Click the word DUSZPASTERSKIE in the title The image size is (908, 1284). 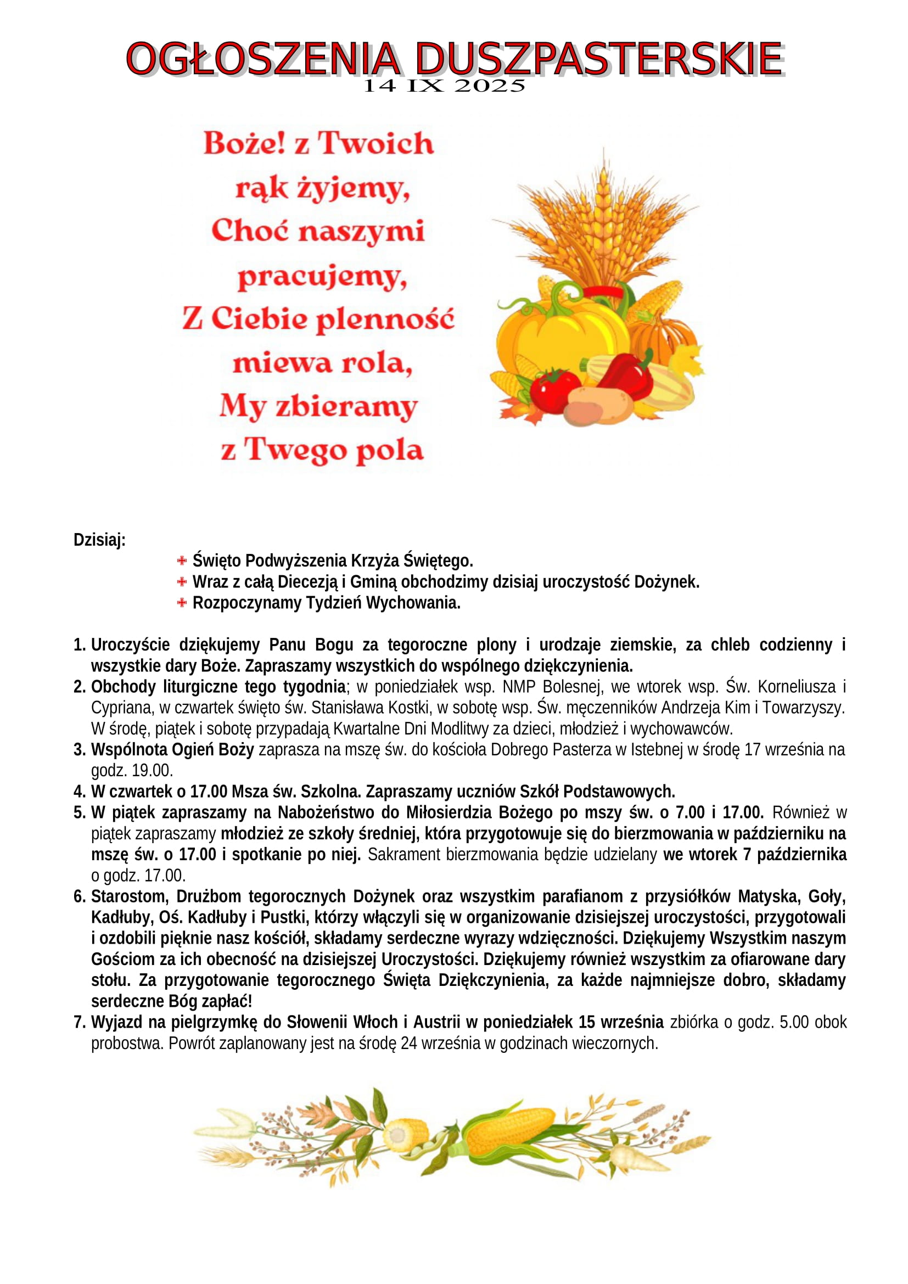599,59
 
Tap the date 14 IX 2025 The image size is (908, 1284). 445,86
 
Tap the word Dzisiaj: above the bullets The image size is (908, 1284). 99,540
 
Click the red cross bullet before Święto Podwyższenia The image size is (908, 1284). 182,560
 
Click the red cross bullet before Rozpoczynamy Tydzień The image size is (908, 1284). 182,603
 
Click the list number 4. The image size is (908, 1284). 79,792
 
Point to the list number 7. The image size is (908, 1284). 79,1022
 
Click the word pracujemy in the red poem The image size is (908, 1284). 322,276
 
